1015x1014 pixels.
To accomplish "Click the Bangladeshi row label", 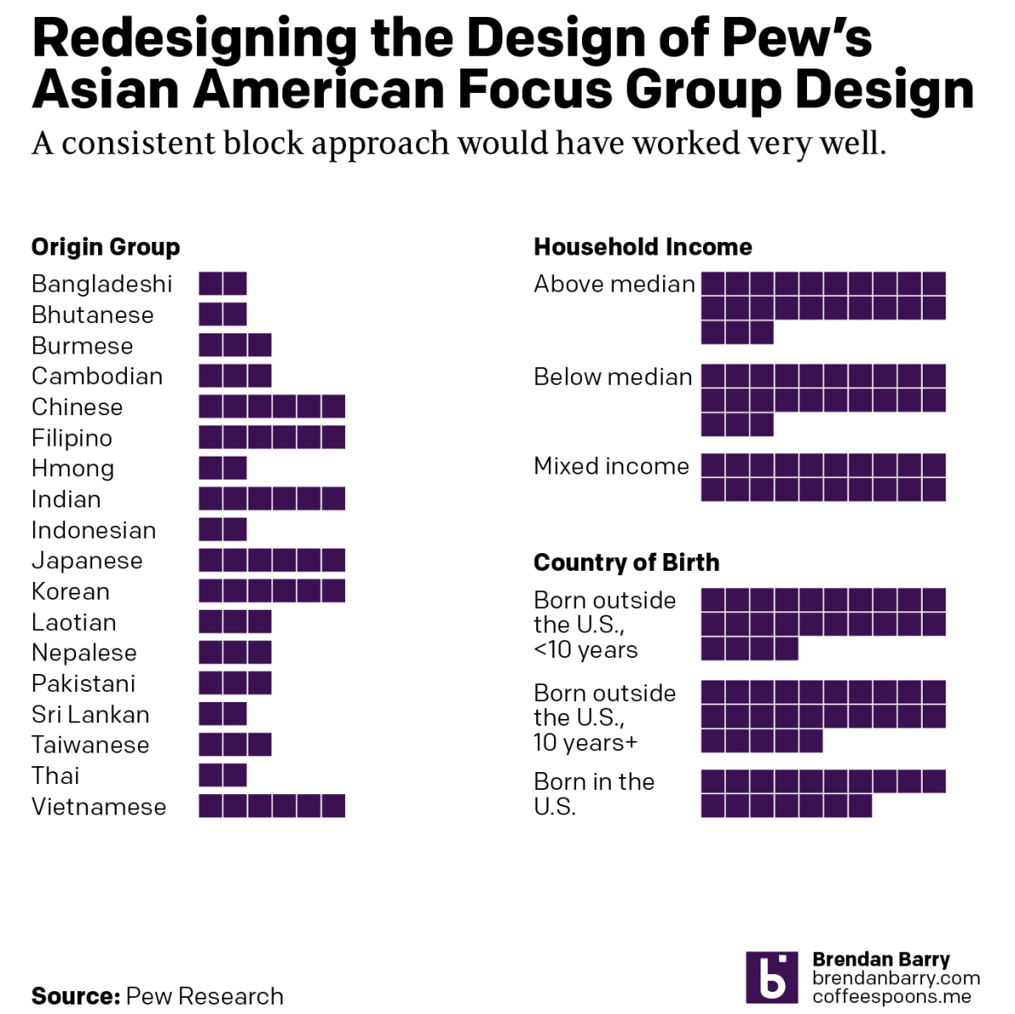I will click(101, 284).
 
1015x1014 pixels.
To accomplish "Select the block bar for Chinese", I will click(272, 407).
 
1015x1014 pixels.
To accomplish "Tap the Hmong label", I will click(73, 469).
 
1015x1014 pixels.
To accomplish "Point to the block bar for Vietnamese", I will click(272, 806).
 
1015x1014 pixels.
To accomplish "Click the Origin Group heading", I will click(106, 247).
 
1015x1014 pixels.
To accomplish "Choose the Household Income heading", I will click(643, 247).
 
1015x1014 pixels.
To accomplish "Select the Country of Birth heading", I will click(626, 562).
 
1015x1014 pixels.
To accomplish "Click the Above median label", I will click(614, 284).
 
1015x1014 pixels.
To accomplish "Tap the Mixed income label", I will click(612, 466).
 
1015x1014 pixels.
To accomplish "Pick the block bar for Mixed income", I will click(823, 478).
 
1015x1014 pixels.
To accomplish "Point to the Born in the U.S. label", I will click(594, 793).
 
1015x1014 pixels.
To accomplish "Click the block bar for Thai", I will click(222, 776).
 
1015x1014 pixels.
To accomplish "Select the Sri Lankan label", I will click(91, 715).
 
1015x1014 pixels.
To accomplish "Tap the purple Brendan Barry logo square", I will click(771, 978).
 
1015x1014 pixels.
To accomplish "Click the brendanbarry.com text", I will click(896, 978).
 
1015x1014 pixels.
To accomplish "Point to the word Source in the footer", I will click(74, 996).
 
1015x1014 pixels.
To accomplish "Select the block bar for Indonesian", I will click(222, 529).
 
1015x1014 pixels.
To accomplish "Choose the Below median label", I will click(613, 377).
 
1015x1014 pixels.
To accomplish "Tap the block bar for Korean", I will click(272, 590).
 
